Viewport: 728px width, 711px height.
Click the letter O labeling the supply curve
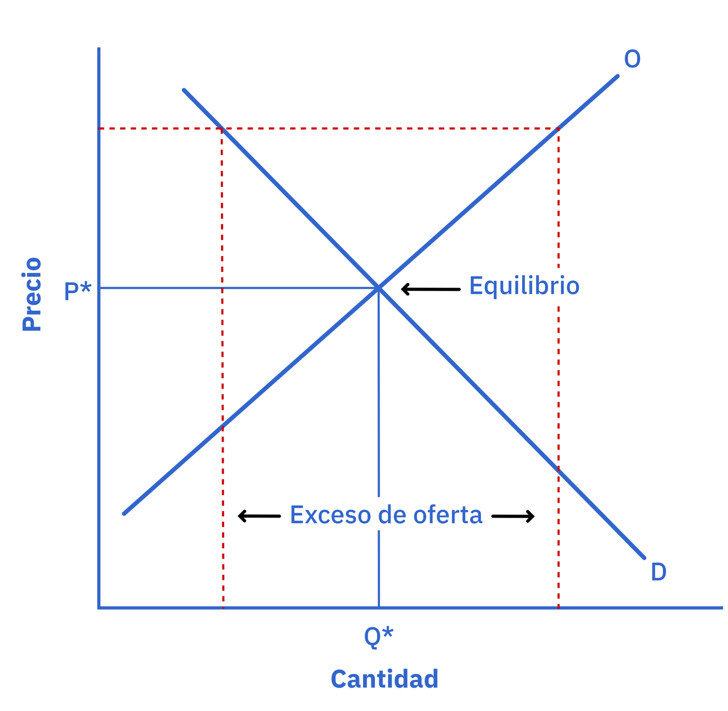click(632, 59)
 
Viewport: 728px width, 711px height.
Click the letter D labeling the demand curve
click(659, 572)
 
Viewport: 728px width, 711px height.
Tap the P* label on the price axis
click(78, 290)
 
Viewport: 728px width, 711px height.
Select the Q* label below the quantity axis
click(379, 636)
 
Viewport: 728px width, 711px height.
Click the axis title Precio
click(32, 294)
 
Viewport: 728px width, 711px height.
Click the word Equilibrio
click(524, 287)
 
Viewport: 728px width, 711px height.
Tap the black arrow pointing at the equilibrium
click(431, 289)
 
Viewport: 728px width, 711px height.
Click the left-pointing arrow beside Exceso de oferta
click(259, 516)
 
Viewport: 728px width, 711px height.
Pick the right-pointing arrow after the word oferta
click(513, 516)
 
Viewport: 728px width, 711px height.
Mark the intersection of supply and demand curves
click(379, 288)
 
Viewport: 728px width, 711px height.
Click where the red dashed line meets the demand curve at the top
click(222, 128)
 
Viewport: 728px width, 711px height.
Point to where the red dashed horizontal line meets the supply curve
click(558, 128)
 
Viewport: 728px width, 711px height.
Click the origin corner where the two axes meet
click(99, 607)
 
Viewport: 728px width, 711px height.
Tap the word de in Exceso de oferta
click(392, 515)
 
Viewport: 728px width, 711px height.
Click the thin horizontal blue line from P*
click(239, 288)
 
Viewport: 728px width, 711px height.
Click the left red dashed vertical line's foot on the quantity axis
click(223, 607)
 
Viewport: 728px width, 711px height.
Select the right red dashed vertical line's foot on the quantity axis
click(558, 607)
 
